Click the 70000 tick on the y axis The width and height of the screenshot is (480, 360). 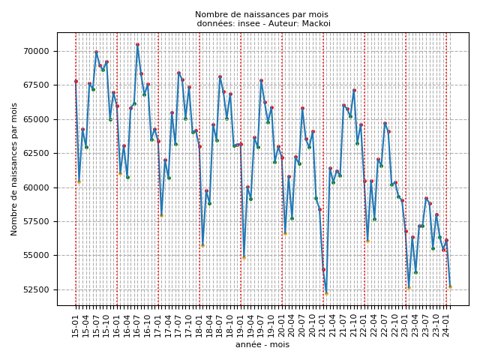37,51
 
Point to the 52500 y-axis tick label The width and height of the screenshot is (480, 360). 37,289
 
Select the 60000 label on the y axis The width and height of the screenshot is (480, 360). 37,187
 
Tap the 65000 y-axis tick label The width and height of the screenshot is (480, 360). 37,119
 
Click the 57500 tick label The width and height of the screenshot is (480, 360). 37,221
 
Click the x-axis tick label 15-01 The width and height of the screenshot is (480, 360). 76,324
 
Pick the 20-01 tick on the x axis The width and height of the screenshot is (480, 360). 282,324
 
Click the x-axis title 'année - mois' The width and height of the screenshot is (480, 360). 262,345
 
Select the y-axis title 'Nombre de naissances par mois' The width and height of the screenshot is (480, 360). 14,169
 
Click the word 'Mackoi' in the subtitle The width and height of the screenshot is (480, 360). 316,23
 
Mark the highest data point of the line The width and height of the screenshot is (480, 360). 137,44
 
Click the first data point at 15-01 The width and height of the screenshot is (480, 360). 76,81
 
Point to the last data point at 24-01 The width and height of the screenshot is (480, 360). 450,286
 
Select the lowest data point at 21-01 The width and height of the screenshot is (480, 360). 326,292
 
